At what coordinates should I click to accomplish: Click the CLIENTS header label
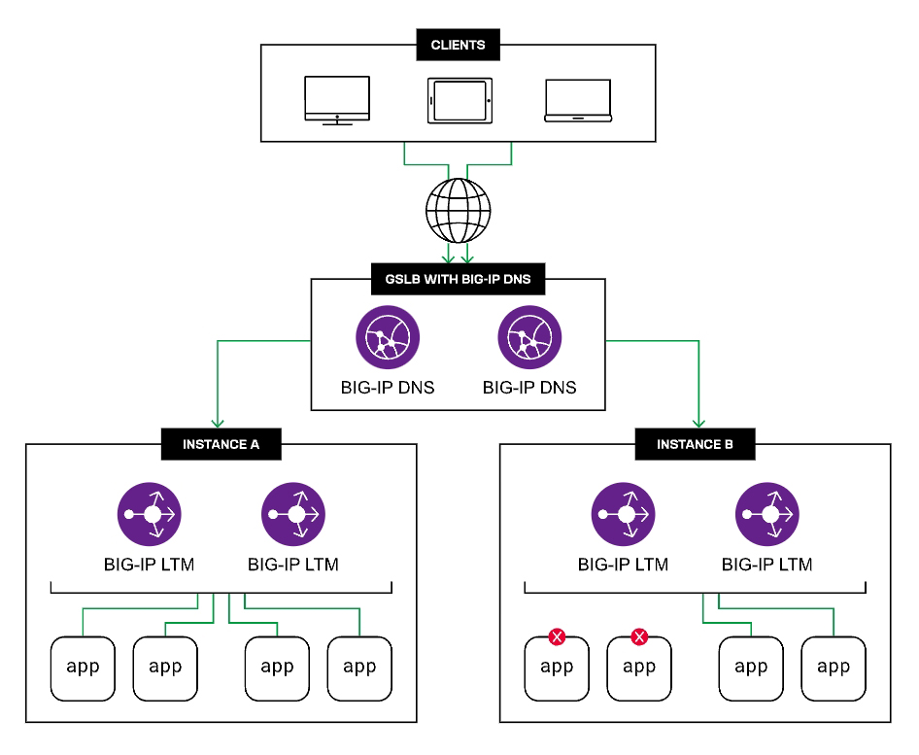(x=458, y=45)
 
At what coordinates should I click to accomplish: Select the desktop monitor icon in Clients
(x=337, y=100)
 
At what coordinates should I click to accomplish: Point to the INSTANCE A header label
(x=220, y=446)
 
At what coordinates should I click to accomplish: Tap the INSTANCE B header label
(x=695, y=446)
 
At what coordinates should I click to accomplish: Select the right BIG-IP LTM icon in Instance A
(x=293, y=514)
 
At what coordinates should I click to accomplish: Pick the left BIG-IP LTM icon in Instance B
(x=623, y=514)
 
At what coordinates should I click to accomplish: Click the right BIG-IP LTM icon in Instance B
(x=767, y=514)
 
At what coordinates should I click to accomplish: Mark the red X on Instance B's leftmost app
(x=558, y=637)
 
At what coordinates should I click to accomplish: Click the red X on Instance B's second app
(x=639, y=637)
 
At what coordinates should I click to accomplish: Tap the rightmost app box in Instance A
(x=359, y=669)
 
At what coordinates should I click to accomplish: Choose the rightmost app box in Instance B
(x=834, y=669)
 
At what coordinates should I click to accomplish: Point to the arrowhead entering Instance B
(x=697, y=424)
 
